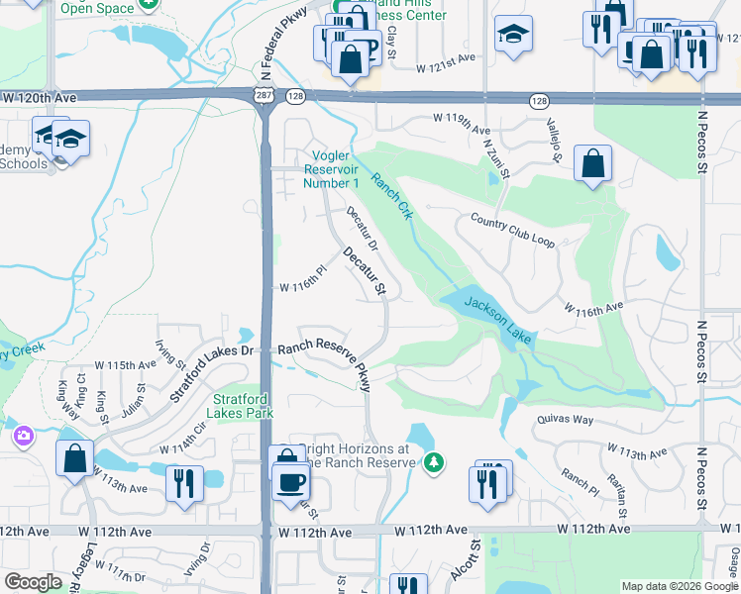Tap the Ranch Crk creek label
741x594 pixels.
point(391,195)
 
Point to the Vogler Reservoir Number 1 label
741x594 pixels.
point(330,169)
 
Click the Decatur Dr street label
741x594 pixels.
point(362,230)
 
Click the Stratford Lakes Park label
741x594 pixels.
point(242,407)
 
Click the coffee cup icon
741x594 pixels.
point(291,483)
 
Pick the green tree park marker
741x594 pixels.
point(433,462)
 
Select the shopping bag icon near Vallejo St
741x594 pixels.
point(591,166)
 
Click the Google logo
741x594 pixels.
point(33,582)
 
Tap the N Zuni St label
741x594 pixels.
point(495,157)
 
